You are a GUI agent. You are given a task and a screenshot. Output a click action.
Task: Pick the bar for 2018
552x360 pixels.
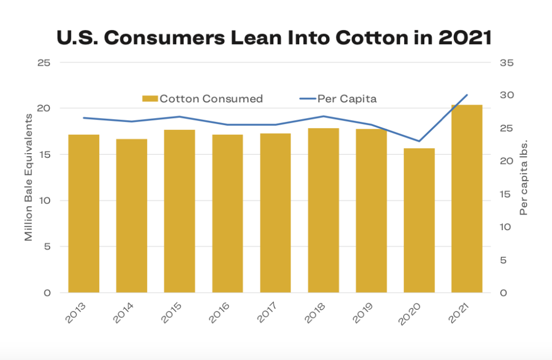(323, 210)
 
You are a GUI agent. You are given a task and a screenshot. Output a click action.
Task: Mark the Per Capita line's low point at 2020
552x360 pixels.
(419, 141)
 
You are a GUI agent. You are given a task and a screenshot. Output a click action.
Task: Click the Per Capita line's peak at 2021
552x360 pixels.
(467, 95)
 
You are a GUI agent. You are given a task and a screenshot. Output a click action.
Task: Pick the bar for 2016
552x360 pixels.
(227, 213)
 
